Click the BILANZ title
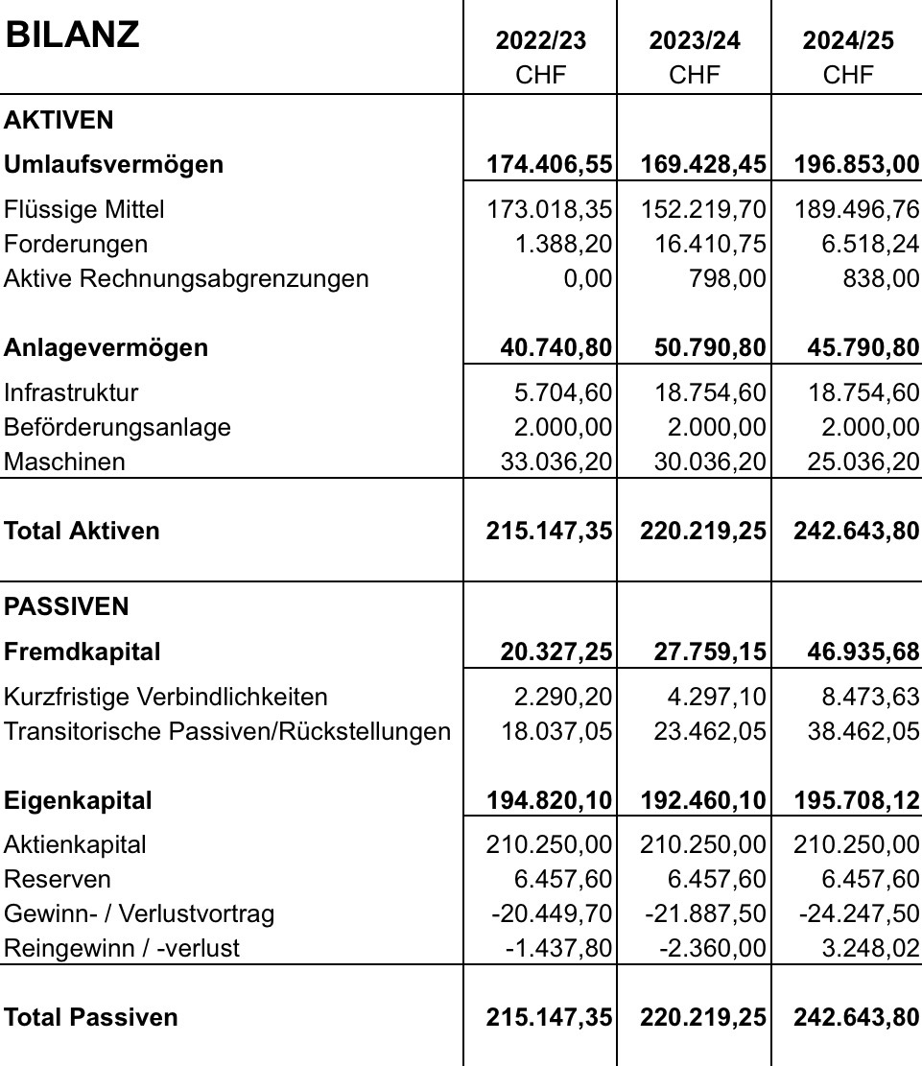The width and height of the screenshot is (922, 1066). (72, 35)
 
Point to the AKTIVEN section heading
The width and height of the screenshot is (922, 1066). (59, 120)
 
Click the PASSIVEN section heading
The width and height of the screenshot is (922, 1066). (66, 606)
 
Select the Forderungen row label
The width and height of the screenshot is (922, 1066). (76, 244)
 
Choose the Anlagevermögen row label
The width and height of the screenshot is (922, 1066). (106, 347)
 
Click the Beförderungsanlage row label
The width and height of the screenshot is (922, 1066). (117, 427)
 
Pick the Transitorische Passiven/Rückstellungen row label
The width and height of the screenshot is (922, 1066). (226, 731)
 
